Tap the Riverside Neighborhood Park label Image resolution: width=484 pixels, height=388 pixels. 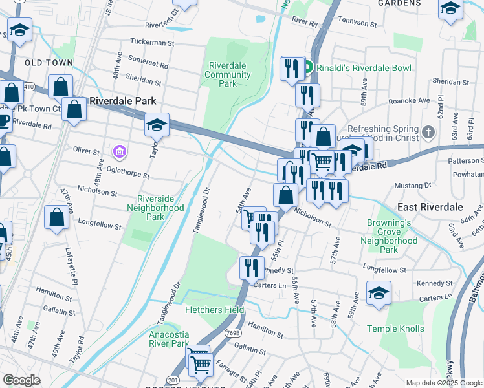[x=160, y=208]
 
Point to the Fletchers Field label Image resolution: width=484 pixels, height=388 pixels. [x=214, y=310]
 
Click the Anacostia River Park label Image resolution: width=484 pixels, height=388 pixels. [x=169, y=339]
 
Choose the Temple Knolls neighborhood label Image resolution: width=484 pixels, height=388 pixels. [x=395, y=329]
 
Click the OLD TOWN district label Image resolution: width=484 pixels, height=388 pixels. [x=49, y=63]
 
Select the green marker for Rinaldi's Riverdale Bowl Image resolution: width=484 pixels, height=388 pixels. [x=309, y=67]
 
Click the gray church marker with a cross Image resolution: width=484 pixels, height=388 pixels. [x=428, y=133]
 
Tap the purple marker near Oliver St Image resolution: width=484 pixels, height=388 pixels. [x=119, y=152]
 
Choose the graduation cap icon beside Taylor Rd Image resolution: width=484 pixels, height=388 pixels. [x=157, y=124]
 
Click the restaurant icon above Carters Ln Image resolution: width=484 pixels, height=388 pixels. [x=252, y=267]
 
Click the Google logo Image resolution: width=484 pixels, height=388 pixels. [x=22, y=380]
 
